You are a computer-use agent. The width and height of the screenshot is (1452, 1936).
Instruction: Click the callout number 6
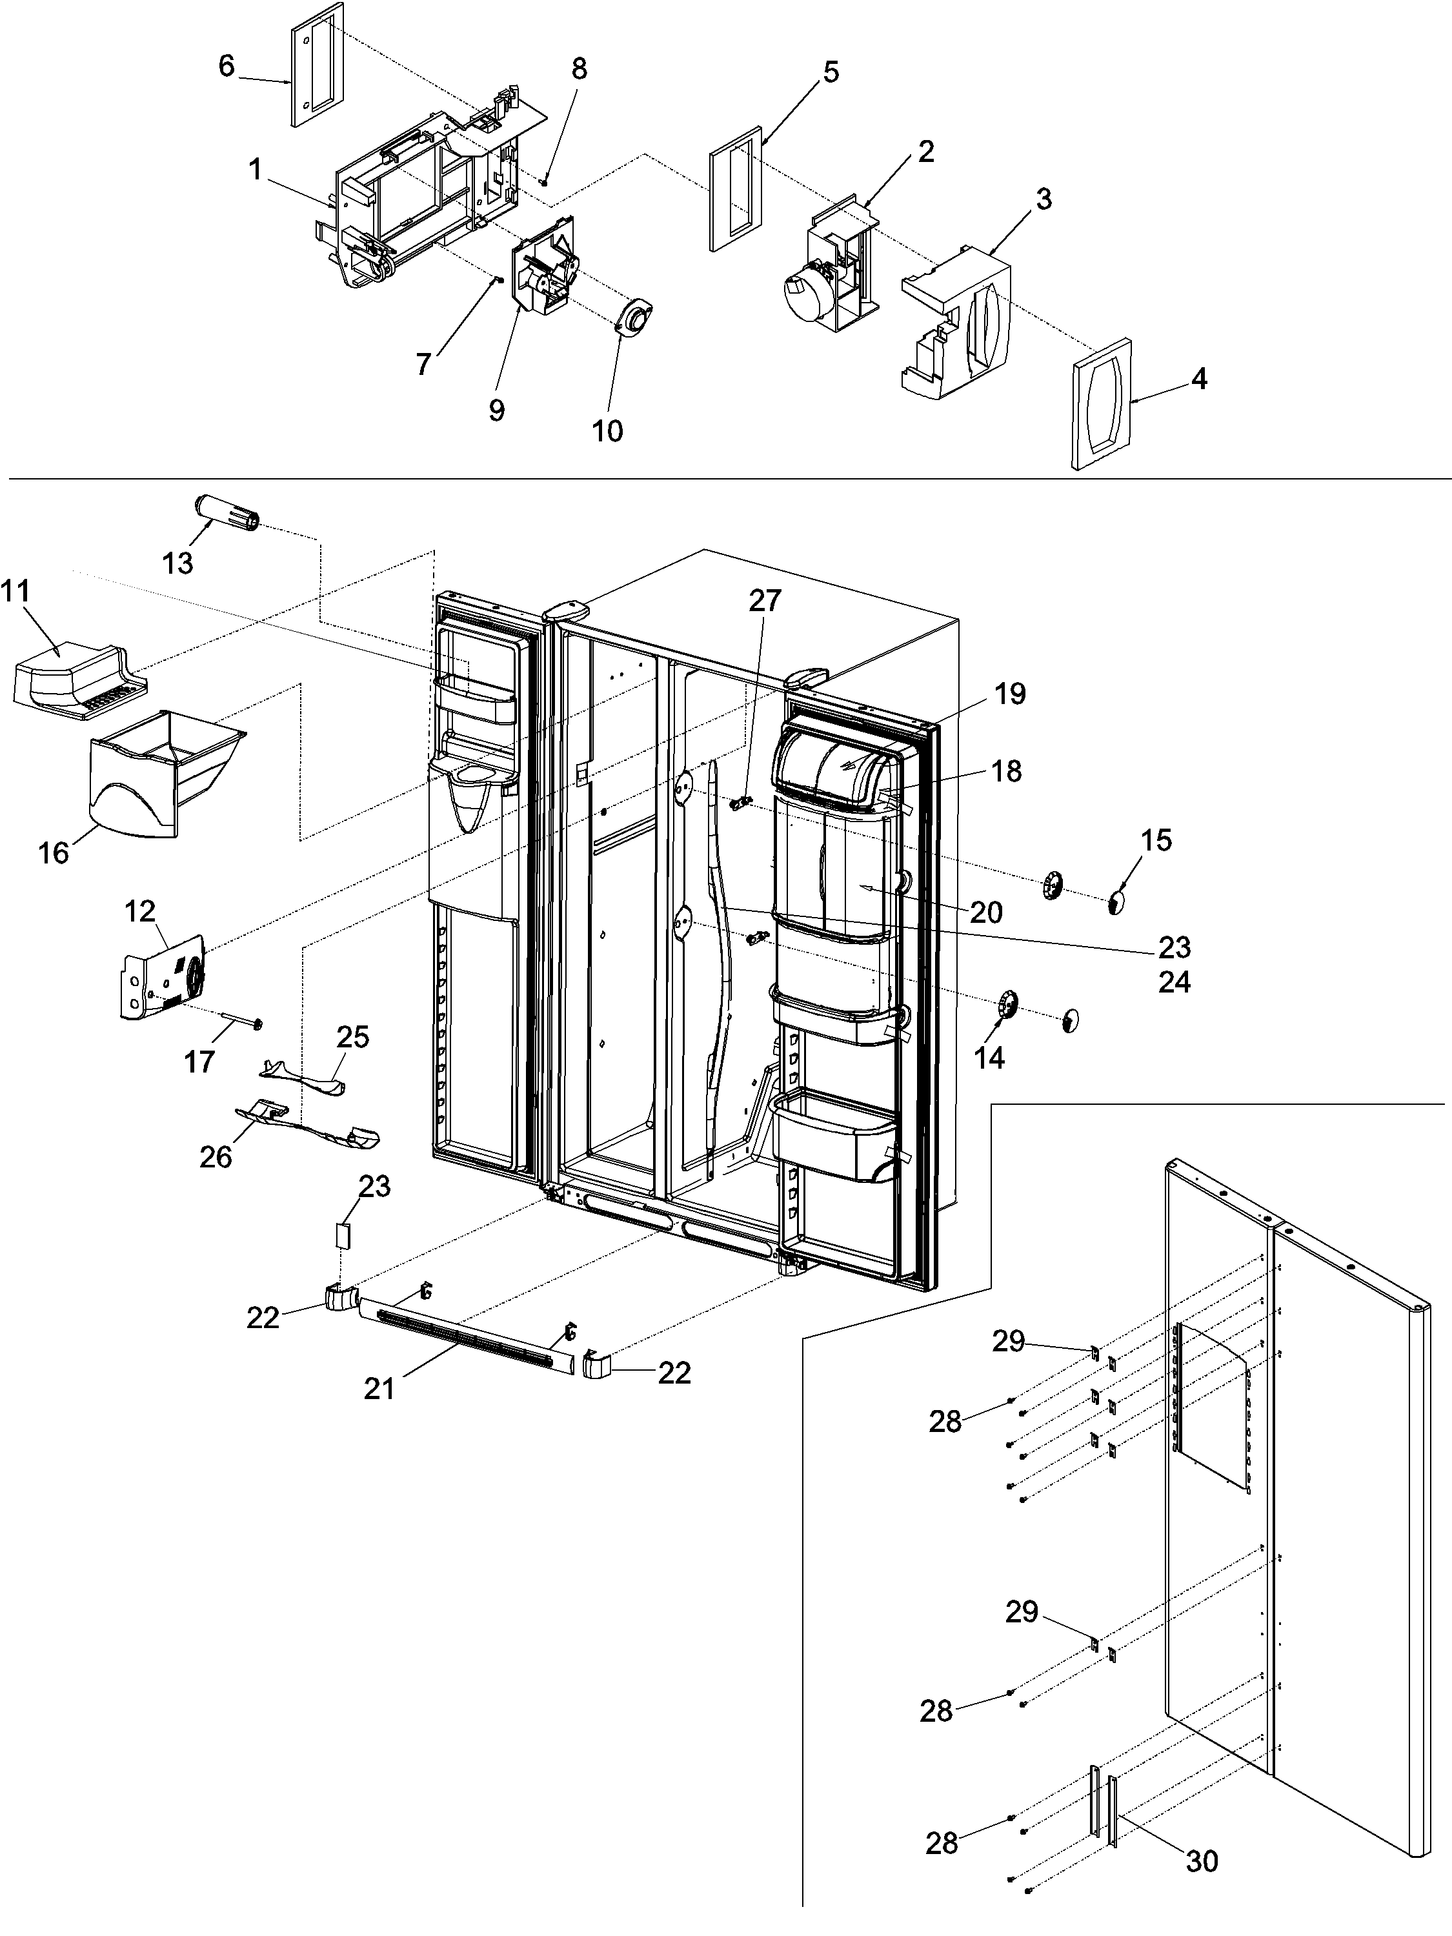(x=227, y=66)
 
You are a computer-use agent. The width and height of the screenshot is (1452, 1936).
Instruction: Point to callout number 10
(x=607, y=430)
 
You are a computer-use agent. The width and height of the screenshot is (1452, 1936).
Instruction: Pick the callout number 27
(x=765, y=600)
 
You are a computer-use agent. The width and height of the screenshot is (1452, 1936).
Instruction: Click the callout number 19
(x=1010, y=694)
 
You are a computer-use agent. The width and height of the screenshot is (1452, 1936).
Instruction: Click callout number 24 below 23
(x=1174, y=982)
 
